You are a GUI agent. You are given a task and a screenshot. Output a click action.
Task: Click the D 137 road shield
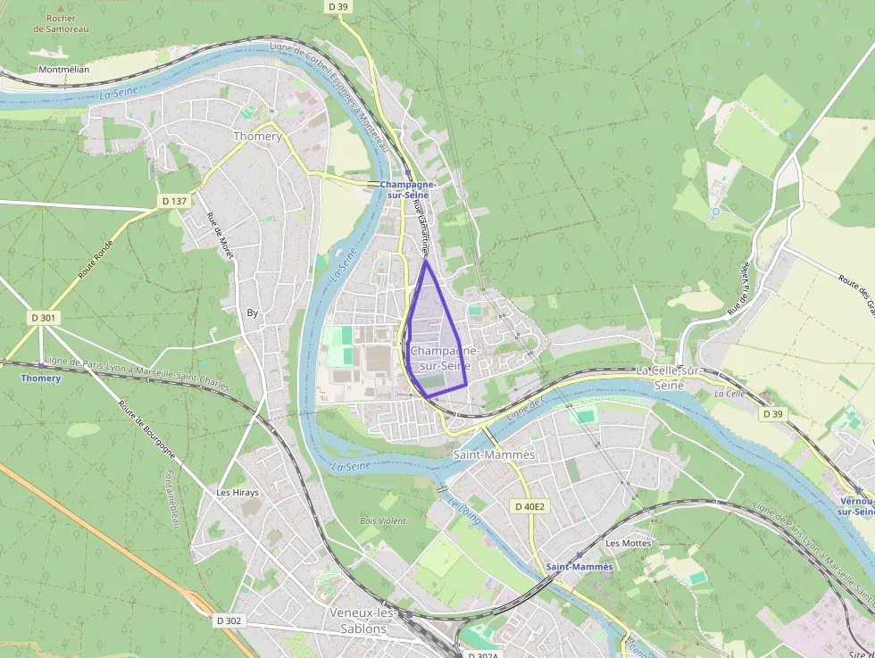(x=174, y=201)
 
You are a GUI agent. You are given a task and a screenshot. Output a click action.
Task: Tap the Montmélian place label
(x=64, y=69)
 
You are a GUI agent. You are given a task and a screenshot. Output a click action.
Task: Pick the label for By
(x=253, y=312)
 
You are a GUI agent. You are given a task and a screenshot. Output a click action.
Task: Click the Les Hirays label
(x=237, y=492)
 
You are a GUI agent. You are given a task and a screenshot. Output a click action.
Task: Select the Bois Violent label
(x=382, y=521)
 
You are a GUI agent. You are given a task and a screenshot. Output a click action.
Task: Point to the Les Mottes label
(x=629, y=543)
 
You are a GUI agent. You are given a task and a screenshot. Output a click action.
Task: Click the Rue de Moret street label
(x=220, y=237)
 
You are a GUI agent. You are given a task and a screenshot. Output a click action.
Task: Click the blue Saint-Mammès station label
(x=579, y=567)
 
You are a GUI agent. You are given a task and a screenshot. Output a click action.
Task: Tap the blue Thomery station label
(x=41, y=379)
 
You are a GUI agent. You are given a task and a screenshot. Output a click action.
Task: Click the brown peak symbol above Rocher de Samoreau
(x=61, y=7)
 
